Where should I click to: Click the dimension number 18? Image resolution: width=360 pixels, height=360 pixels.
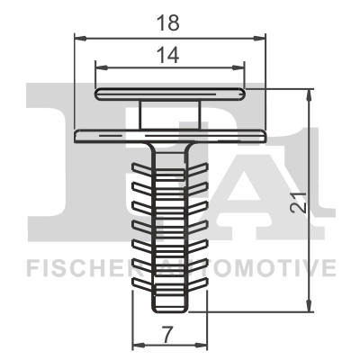click(168, 22)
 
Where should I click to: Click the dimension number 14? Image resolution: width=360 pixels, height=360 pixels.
click(168, 55)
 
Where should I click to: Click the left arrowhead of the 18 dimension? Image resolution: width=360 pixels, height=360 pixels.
click(80, 38)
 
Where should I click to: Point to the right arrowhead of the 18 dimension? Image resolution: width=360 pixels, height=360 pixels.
click(260, 38)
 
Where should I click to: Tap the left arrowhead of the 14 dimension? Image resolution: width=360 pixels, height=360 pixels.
click(101, 67)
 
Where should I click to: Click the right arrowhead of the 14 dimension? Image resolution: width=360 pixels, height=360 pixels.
click(238, 67)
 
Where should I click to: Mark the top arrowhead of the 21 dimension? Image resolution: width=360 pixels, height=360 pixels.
click(309, 95)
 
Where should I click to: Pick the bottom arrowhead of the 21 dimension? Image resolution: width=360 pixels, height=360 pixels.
click(309, 305)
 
